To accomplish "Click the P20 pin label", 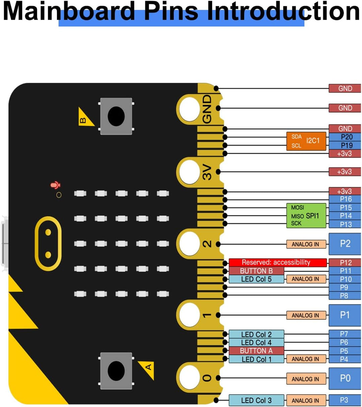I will click(345, 137).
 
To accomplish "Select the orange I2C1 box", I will click(306, 141).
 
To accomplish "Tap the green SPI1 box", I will click(306, 216).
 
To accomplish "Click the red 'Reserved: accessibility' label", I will click(278, 263).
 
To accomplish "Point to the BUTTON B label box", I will click(256, 271).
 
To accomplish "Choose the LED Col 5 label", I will click(256, 279).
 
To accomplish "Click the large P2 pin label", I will click(345, 244).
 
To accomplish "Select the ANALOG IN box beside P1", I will click(306, 315).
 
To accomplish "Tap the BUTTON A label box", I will click(256, 351).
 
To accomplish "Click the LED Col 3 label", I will click(256, 400).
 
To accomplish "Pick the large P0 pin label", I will click(345, 378).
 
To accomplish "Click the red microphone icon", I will click(55, 185).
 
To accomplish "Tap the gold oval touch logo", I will click(48, 243).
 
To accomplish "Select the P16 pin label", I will click(345, 199).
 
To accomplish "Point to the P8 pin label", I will click(345, 296).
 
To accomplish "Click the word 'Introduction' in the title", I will click(283, 11).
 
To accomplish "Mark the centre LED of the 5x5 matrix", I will click(121, 243).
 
